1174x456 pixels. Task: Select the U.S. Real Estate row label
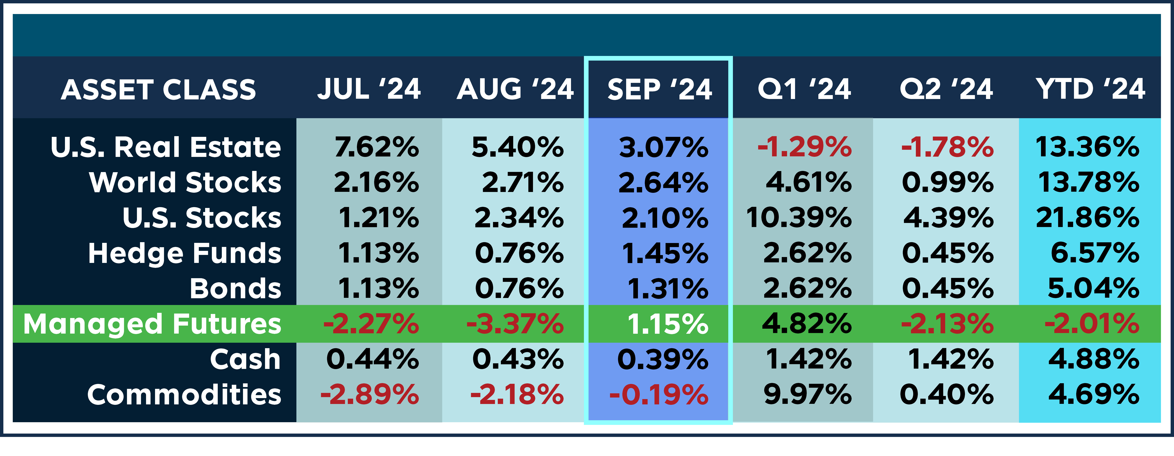tap(166, 147)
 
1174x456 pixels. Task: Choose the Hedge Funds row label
tap(185, 253)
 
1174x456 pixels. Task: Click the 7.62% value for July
tap(376, 147)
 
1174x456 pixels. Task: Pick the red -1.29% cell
tap(804, 147)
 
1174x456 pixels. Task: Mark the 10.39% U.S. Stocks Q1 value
tap(798, 218)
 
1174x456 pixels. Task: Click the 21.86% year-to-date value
tap(1087, 218)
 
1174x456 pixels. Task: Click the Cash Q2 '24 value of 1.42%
tap(951, 359)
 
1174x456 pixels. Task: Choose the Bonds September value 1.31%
tap(668, 289)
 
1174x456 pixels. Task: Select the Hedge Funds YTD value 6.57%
tap(1095, 253)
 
